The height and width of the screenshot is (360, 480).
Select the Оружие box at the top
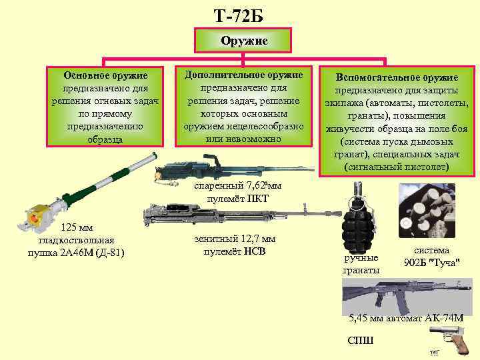(244, 41)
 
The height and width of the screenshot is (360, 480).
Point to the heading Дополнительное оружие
(243, 74)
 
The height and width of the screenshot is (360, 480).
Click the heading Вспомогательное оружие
(397, 78)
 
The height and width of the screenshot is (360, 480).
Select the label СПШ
(361, 340)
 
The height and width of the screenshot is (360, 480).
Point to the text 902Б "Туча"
(431, 262)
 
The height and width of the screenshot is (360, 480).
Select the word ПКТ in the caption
(256, 198)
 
